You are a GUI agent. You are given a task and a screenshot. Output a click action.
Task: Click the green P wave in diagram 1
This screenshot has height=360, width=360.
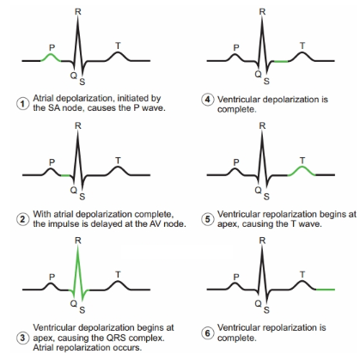(x=51, y=54)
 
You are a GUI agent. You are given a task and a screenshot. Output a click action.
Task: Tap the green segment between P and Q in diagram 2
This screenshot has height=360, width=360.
(x=65, y=175)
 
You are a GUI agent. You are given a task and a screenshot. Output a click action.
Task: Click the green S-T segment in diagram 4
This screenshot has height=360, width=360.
(x=281, y=61)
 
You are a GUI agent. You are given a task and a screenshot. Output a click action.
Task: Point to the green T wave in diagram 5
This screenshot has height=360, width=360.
(x=302, y=167)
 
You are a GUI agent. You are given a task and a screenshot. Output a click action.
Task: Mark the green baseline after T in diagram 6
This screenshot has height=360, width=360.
(x=326, y=290)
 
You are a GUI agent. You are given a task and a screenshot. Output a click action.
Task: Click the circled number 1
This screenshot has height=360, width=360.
(x=22, y=103)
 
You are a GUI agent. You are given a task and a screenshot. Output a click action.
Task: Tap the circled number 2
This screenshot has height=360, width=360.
(x=22, y=219)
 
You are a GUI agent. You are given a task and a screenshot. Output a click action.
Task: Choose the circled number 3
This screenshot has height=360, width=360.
(x=22, y=338)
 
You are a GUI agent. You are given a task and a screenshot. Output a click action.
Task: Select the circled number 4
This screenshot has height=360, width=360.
(x=207, y=100)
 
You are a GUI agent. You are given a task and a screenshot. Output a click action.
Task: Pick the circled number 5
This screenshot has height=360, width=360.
(x=207, y=219)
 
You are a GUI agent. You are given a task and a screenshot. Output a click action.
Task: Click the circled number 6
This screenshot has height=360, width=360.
(x=207, y=333)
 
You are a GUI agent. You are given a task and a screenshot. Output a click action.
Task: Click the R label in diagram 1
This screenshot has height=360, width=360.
(x=78, y=12)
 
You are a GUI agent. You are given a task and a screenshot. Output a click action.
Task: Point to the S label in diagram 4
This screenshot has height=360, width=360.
(x=266, y=82)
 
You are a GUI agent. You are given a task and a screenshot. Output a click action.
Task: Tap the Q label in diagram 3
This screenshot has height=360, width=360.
(x=74, y=303)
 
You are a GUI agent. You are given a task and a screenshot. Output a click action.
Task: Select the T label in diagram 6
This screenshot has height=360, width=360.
(x=302, y=275)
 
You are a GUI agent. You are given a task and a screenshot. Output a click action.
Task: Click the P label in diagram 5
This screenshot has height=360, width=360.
(x=236, y=162)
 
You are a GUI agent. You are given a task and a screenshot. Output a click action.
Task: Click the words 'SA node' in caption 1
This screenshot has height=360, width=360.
(x=58, y=108)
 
